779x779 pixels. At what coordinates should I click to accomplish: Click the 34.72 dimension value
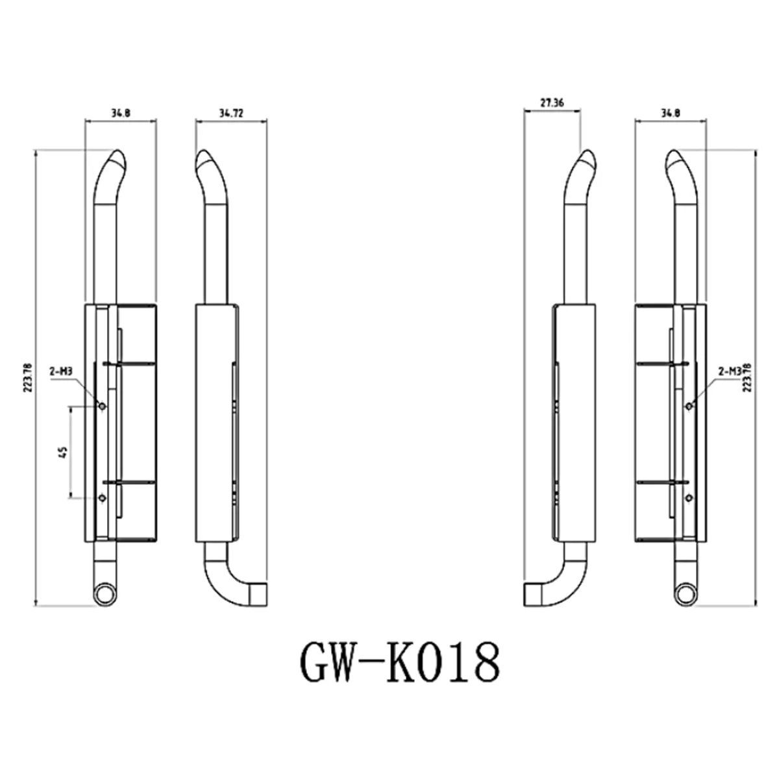(x=231, y=113)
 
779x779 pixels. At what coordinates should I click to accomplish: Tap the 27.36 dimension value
(x=552, y=103)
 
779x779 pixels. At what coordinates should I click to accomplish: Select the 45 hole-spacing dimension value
(x=64, y=452)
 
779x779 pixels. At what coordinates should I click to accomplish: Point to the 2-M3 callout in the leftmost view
(x=61, y=371)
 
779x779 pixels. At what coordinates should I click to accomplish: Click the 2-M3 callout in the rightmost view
(x=730, y=371)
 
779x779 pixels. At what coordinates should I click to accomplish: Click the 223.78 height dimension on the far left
(x=29, y=378)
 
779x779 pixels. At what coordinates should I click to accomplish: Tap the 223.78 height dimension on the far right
(x=747, y=378)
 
